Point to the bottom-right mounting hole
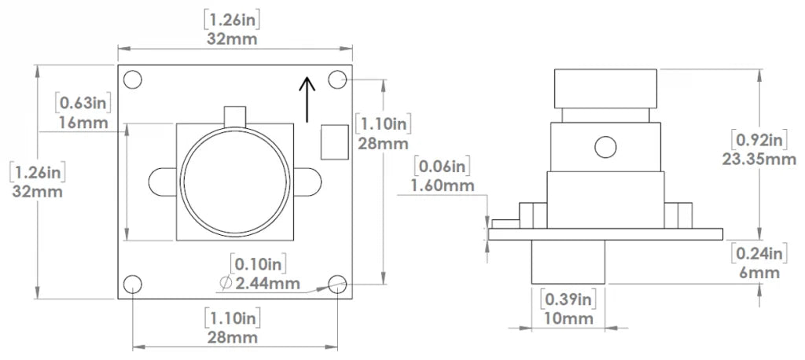coord(338,285)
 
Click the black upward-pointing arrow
coord(307,98)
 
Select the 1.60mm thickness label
coord(443,186)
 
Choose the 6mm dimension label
coord(759,272)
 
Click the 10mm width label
coord(568,318)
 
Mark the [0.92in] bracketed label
coord(759,141)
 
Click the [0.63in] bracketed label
coord(82,103)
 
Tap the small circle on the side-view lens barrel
coord(604,146)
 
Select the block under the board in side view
coord(568,262)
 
